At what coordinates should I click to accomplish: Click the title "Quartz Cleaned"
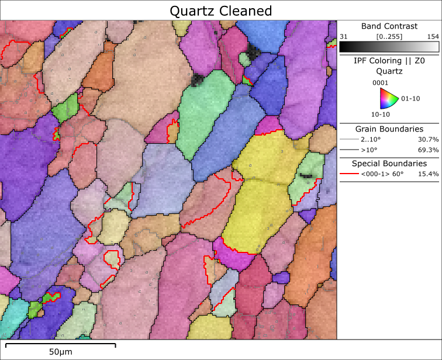[x=221, y=11]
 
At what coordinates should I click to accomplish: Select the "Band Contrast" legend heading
[x=389, y=26]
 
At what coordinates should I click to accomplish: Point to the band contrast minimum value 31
[x=344, y=36]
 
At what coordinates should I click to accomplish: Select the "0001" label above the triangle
[x=381, y=82]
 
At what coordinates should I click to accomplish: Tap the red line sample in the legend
[x=348, y=174]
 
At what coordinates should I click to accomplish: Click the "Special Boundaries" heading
[x=389, y=164]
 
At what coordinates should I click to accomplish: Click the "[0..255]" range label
[x=388, y=36]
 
